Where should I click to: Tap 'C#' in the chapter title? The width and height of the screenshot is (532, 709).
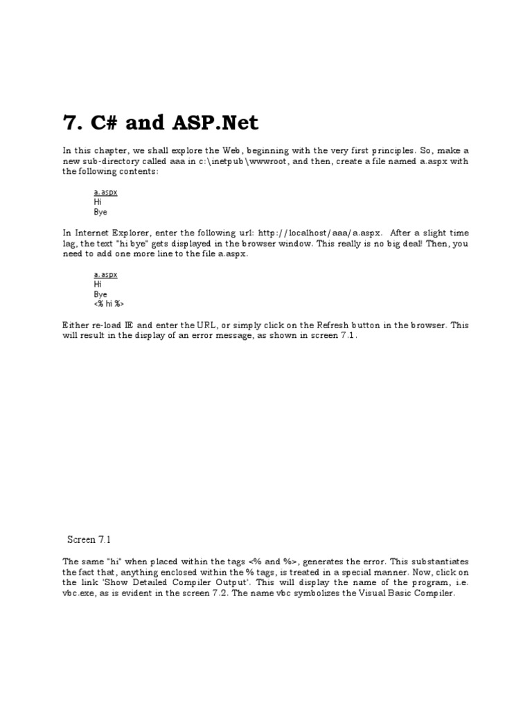pos(101,123)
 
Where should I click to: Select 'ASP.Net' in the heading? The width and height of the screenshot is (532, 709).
pos(221,123)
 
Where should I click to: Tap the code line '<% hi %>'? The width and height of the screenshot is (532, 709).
pos(109,304)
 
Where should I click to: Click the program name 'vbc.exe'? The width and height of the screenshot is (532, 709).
pos(76,594)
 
